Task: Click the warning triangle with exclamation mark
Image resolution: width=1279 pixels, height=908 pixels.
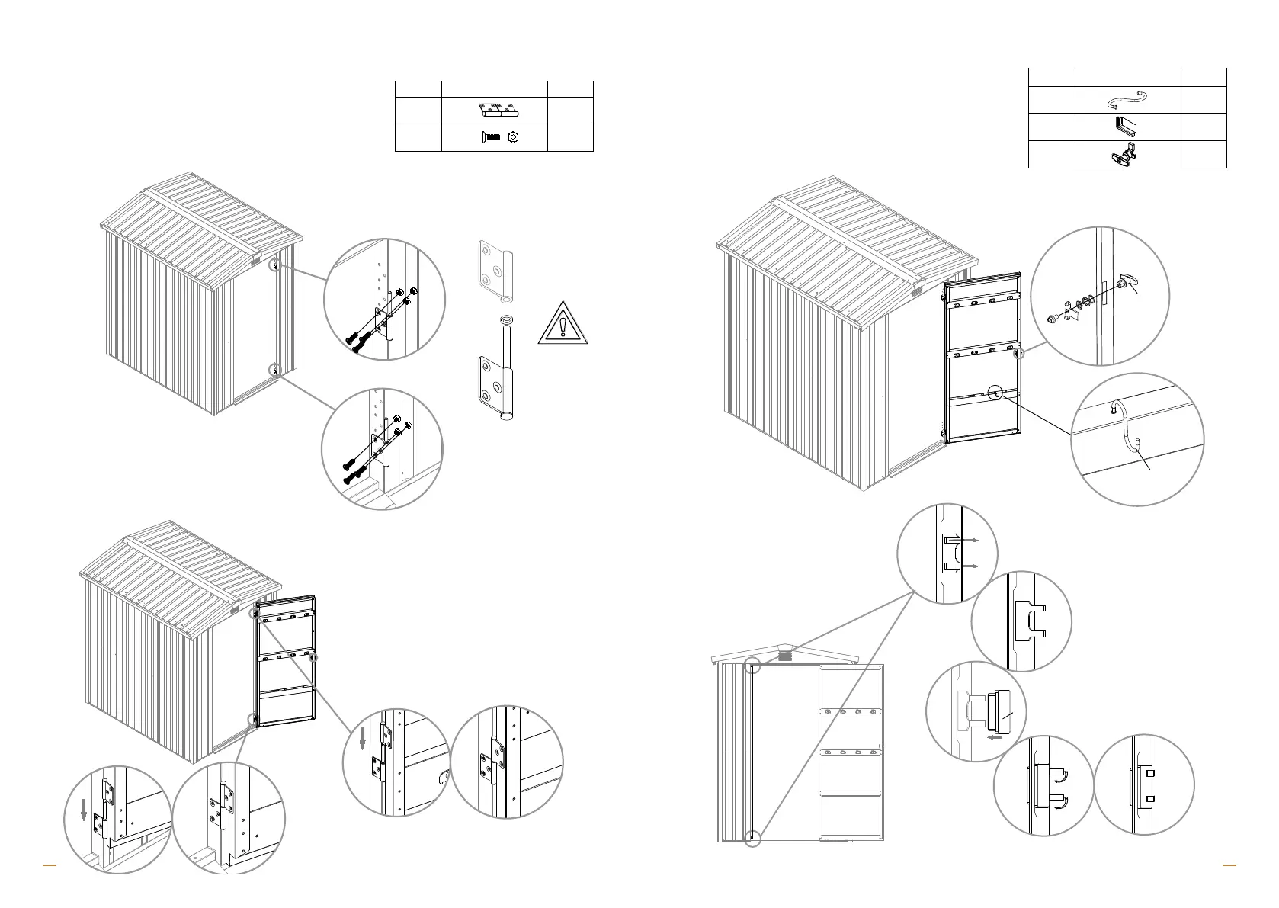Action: click(563, 324)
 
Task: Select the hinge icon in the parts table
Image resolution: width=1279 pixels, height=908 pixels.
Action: click(498, 111)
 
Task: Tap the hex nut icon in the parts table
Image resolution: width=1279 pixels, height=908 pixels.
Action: click(514, 137)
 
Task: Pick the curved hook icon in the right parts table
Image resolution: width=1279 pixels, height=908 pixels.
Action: click(1127, 100)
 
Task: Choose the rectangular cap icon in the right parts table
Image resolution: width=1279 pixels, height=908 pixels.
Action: click(1127, 126)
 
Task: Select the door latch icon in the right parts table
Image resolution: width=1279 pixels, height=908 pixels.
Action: click(1127, 155)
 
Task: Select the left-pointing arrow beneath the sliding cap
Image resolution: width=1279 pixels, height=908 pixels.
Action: click(993, 738)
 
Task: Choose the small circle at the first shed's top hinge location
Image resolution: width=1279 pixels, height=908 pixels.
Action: click(276, 264)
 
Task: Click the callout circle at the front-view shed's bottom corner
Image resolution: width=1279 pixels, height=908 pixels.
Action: click(753, 838)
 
